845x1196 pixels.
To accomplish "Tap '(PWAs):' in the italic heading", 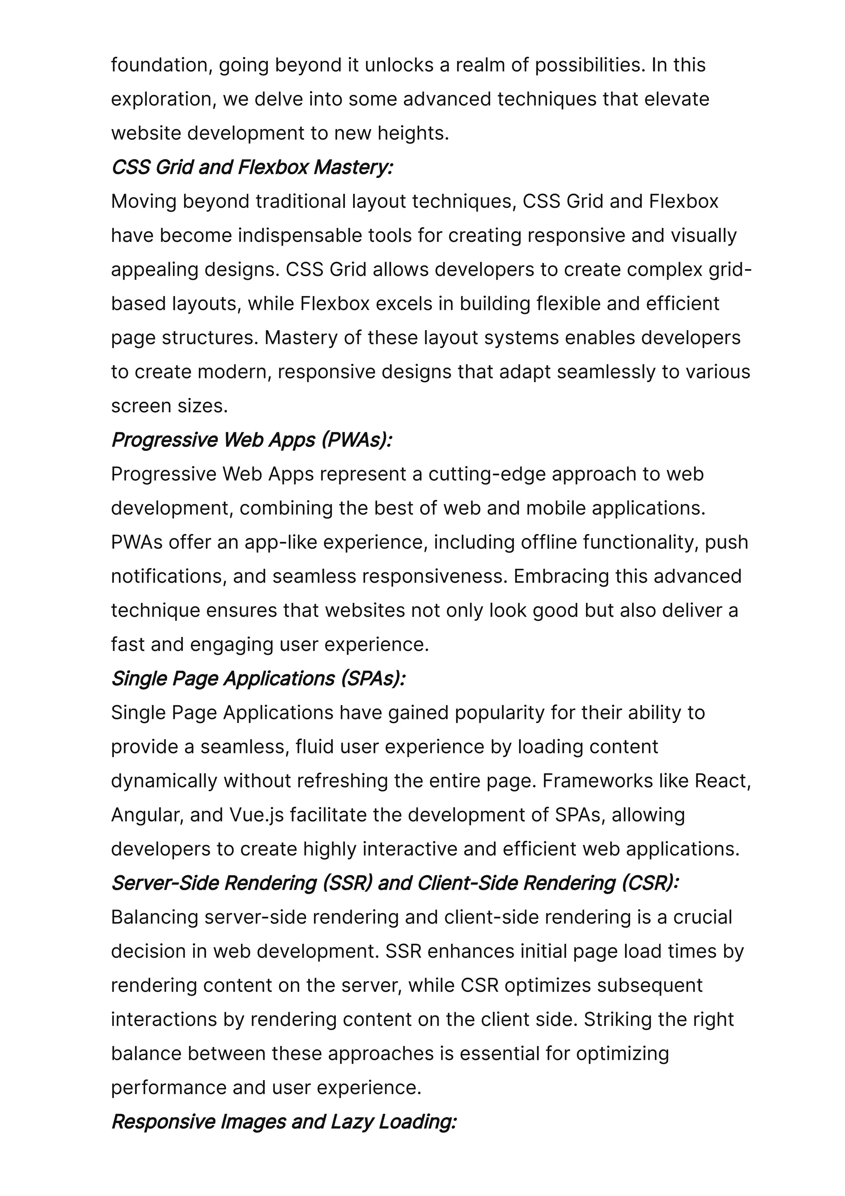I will click(356, 440).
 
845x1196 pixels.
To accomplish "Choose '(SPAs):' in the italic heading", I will click(373, 679).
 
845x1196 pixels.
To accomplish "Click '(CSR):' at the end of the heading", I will click(650, 884).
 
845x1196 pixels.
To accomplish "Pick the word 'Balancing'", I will click(155, 918).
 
